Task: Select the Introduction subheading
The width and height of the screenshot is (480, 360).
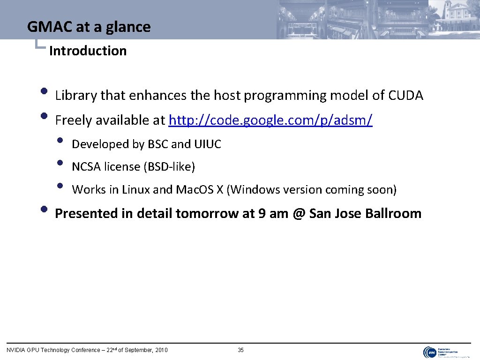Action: coord(88,51)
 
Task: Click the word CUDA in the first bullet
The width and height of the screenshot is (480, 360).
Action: coord(405,96)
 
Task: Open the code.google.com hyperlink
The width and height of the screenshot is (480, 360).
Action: coord(270,120)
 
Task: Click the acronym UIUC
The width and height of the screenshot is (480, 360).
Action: coord(207,144)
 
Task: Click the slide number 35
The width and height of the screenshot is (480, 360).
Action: coord(240,350)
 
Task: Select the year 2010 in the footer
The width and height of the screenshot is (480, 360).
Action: coord(160,350)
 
